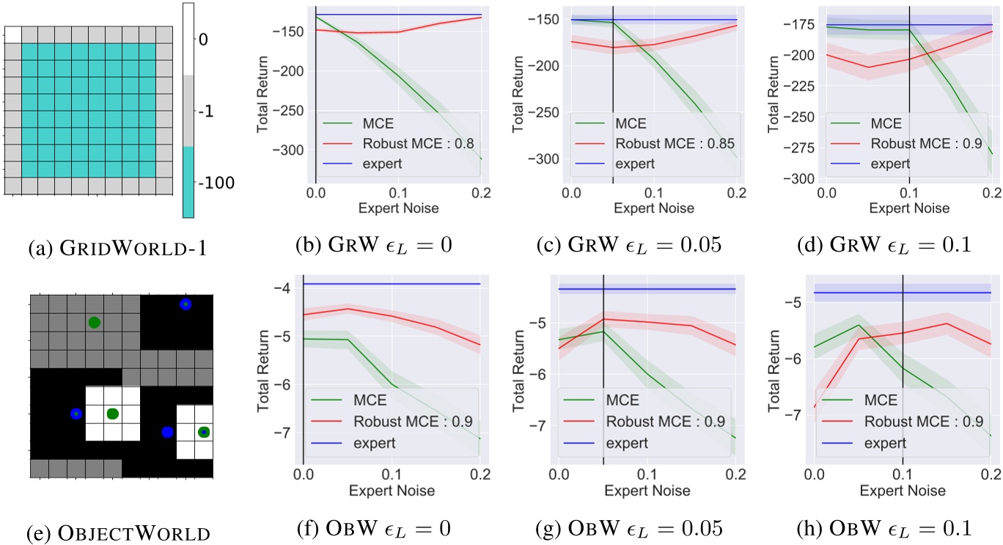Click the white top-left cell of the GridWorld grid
tap(13, 34)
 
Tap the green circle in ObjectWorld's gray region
tap(94, 322)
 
